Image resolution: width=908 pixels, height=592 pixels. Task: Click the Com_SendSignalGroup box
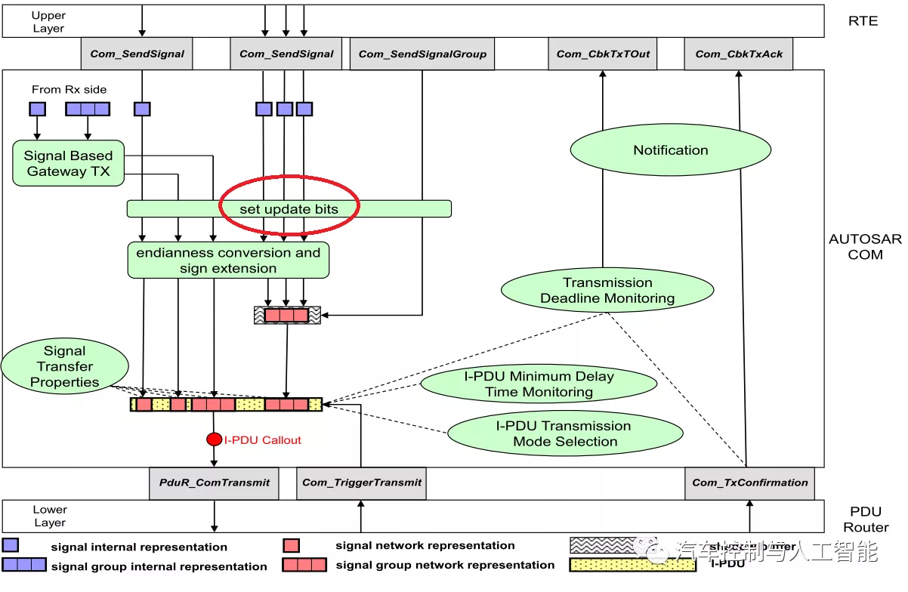pos(422,54)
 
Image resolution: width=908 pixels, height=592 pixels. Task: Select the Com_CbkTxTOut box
pos(603,54)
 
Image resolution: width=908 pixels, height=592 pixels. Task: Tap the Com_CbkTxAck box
pos(739,54)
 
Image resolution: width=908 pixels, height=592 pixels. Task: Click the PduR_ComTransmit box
pos(214,483)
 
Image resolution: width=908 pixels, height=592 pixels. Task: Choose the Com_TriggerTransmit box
pos(362,483)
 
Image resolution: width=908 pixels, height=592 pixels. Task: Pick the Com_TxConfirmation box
pos(749,483)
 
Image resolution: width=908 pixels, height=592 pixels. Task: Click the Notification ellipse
pos(671,150)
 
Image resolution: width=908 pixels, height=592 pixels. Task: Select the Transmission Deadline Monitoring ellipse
pos(607,291)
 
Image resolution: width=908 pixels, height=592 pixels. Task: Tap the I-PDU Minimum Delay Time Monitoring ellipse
pos(539,384)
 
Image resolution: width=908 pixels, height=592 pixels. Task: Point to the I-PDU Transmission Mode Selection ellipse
pos(565,433)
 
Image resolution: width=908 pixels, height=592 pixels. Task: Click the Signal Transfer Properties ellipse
pos(65,366)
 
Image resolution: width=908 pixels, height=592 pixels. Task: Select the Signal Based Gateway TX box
pos(68,163)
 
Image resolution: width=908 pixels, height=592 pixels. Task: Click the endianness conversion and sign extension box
pos(228,261)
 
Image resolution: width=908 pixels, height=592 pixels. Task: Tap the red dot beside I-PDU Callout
pos(215,439)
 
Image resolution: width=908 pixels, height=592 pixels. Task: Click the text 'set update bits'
pos(289,208)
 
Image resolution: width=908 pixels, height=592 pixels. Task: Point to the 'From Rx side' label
pos(69,89)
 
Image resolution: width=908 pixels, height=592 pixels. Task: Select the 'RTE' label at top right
pos(863,20)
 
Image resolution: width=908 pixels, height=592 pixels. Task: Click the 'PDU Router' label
pos(866,520)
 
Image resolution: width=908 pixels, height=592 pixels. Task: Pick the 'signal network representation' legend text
pos(425,545)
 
